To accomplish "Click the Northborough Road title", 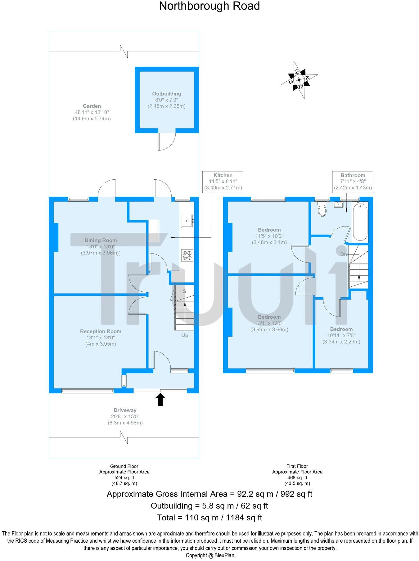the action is coord(209,6).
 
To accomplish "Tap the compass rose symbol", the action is coord(299,80).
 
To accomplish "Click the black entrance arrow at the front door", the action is coord(160,399).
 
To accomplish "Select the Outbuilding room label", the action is coord(167,94).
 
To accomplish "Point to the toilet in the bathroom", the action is coord(322,209).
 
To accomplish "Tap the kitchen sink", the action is coord(187,221).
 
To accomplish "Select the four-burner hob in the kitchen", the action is coord(187,255).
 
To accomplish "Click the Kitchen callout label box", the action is coord(223,182).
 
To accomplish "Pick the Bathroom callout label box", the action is coord(353,182).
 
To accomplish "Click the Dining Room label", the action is coord(101,240).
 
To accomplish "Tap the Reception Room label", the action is coord(101,331).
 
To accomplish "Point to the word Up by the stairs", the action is coord(185,335).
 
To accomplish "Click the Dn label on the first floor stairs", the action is coord(344,254).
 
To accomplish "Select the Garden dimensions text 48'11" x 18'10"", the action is coord(92,112).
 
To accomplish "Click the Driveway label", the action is coord(125,410).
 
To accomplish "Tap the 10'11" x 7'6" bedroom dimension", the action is coord(341,335).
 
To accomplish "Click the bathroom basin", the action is coord(338,204).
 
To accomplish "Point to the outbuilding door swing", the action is coord(167,141).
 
